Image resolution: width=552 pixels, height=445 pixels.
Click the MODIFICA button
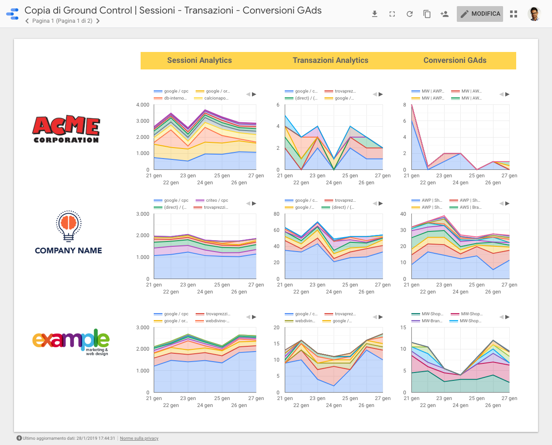pyautogui.click(x=480, y=14)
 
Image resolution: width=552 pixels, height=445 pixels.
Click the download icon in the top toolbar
pyautogui.click(x=375, y=14)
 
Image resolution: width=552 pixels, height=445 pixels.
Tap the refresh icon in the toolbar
pyautogui.click(x=410, y=14)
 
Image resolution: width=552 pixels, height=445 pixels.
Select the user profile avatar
pyautogui.click(x=534, y=14)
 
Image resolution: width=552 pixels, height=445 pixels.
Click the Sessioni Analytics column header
pyautogui.click(x=199, y=61)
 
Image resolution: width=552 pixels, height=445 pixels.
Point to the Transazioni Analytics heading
pyautogui.click(x=330, y=61)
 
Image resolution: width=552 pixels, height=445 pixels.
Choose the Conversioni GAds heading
pyautogui.click(x=455, y=61)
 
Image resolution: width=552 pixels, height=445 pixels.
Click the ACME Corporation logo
pyautogui.click(x=66, y=130)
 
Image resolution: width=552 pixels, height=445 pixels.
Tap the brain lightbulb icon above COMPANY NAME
pyautogui.click(x=69, y=226)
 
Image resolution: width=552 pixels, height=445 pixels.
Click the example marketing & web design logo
pyautogui.click(x=71, y=342)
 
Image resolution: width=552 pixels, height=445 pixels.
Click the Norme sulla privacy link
pyautogui.click(x=139, y=438)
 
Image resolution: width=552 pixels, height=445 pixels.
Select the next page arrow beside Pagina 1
pyautogui.click(x=98, y=21)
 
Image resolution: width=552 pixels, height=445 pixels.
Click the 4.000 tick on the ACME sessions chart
pyautogui.click(x=142, y=105)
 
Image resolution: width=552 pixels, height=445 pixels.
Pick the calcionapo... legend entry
pyautogui.click(x=216, y=98)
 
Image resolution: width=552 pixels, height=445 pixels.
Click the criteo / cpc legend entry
pyautogui.click(x=217, y=200)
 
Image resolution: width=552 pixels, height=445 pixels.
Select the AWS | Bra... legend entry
pyautogui.click(x=470, y=207)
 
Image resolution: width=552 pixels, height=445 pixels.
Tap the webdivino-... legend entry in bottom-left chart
pyautogui.click(x=217, y=321)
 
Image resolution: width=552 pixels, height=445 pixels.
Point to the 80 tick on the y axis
pyautogui.click(x=276, y=214)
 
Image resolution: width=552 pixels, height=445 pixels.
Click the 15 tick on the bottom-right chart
pyautogui.click(x=403, y=328)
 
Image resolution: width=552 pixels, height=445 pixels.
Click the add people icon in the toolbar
pyautogui.click(x=445, y=14)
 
